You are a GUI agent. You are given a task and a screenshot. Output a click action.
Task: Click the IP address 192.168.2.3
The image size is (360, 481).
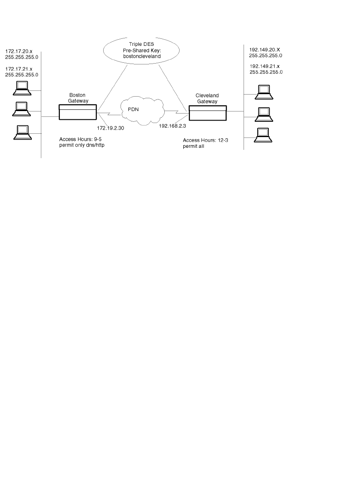(x=173, y=126)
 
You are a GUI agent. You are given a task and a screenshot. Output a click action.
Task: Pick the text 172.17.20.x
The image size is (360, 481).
(x=19, y=51)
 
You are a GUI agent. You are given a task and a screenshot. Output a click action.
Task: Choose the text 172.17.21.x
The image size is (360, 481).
(x=19, y=68)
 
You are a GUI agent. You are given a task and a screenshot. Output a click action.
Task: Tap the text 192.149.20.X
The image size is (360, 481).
(x=265, y=49)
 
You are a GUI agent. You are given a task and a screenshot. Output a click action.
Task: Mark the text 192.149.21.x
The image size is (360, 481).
(x=265, y=66)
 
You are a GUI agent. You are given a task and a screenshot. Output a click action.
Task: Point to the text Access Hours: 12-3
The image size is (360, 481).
(x=205, y=140)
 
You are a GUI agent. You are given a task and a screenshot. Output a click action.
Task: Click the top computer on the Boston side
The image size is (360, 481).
(x=21, y=87)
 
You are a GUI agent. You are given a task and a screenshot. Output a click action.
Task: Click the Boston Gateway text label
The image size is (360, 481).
(x=77, y=97)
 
